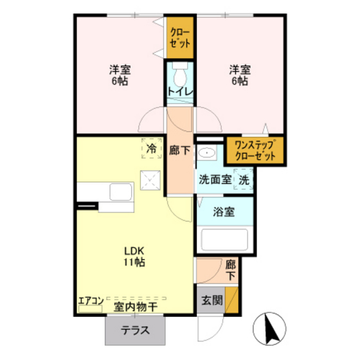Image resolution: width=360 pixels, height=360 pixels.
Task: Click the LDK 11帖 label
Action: pos(134,256)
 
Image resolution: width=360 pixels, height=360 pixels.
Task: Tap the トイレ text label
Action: pos(179,91)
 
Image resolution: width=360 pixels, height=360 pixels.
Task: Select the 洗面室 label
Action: pos(215,181)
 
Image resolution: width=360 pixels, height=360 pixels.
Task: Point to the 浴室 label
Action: pos(224,212)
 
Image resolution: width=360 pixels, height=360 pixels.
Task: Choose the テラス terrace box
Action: pos(136,332)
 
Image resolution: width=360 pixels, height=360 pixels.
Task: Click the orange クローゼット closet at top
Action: pos(181,39)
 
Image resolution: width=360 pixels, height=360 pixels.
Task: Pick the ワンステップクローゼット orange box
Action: pos(256,150)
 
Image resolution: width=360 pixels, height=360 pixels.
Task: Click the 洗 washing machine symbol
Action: pos(244,181)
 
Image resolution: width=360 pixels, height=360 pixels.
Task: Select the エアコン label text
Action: pos(91,300)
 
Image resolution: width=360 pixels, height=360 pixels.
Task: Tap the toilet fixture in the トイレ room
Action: pos(180,69)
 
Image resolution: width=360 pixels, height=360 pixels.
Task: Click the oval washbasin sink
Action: pos(207,154)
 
